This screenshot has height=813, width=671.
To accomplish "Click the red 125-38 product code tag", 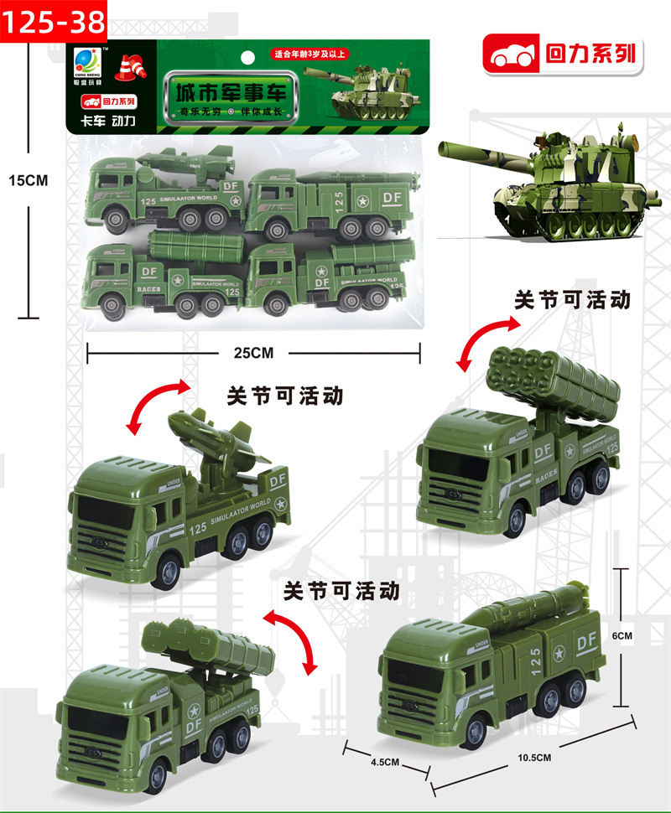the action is tap(53, 21).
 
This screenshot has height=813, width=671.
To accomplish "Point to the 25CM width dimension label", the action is tap(253, 353).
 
